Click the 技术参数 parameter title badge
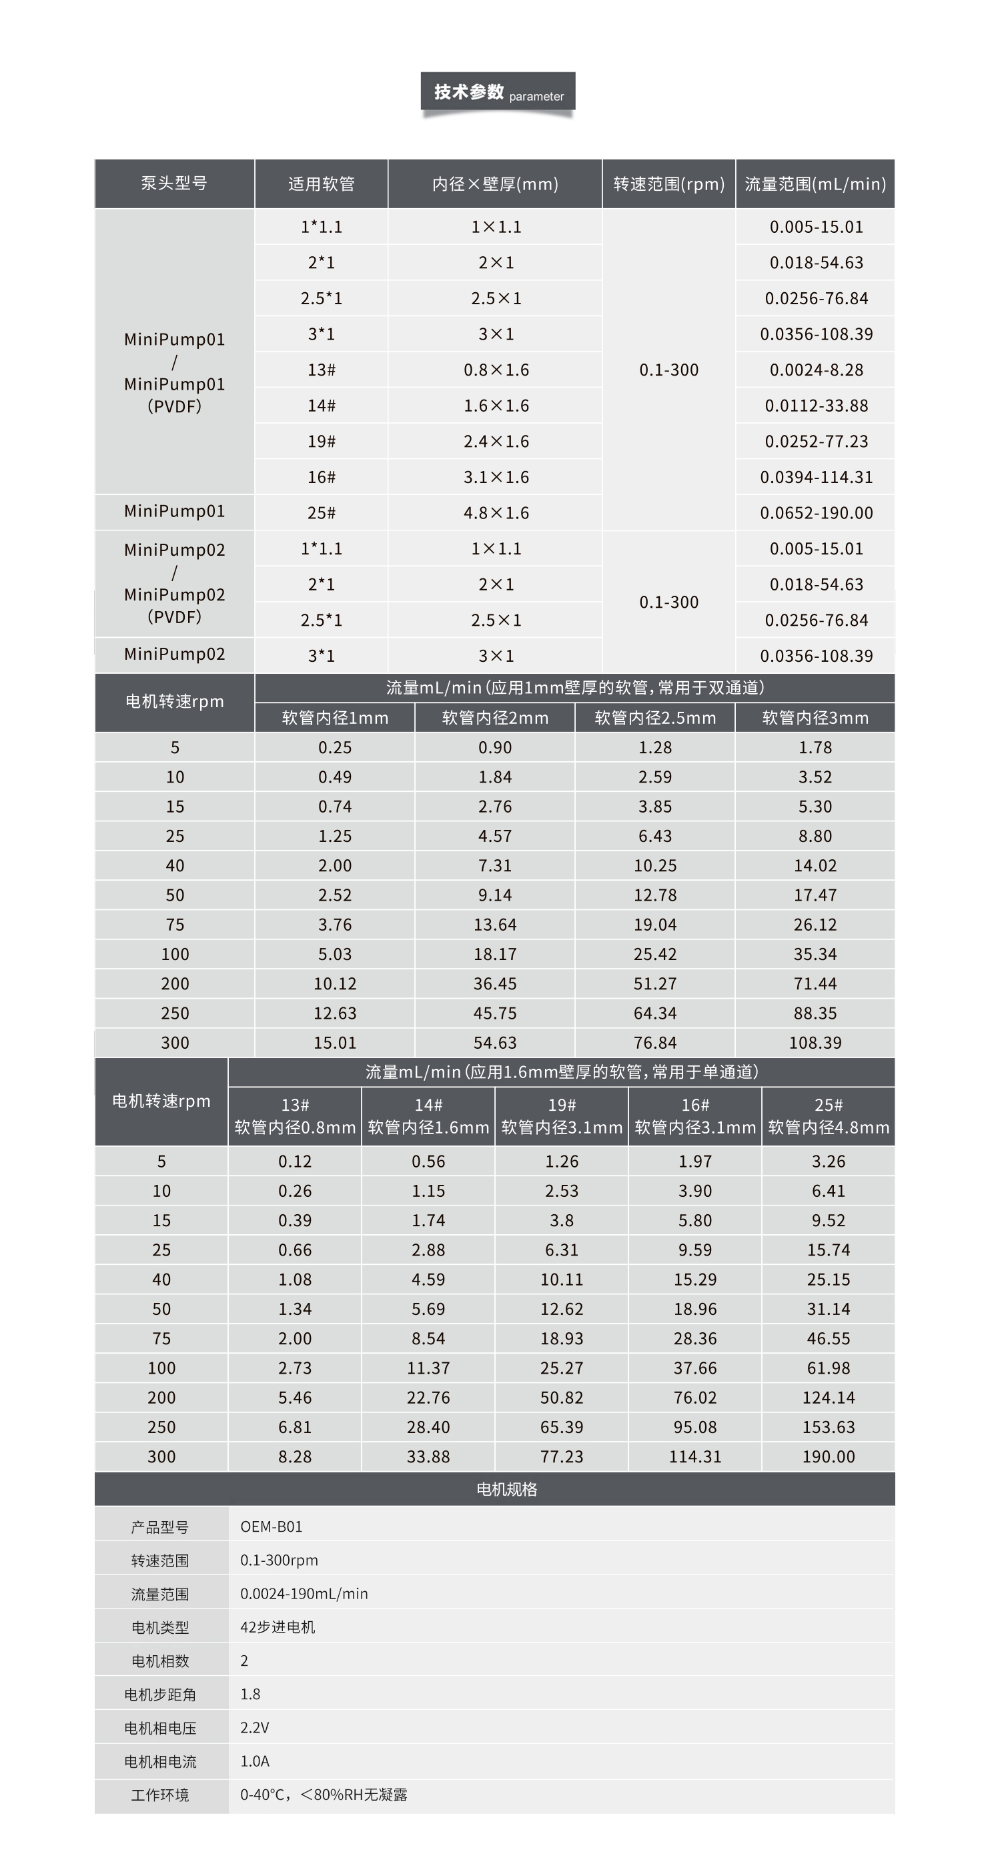[498, 93]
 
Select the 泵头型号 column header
[174, 183]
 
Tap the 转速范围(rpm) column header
[668, 184]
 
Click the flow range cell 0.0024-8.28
[816, 370]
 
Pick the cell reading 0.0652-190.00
[816, 513]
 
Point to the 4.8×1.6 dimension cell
[496, 513]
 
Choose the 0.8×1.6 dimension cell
[496, 370]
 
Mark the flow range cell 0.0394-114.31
[816, 477]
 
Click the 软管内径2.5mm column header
[654, 718]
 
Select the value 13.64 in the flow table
[495, 925]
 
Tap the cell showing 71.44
[815, 984]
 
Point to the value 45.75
[495, 1013]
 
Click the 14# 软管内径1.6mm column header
[428, 1116]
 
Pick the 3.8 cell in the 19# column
[562, 1220]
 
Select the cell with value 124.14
[828, 1397]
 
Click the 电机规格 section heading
[506, 1489]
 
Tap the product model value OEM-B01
[271, 1526]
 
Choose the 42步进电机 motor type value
[278, 1627]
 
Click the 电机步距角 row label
[159, 1695]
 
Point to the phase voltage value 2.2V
[254, 1727]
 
